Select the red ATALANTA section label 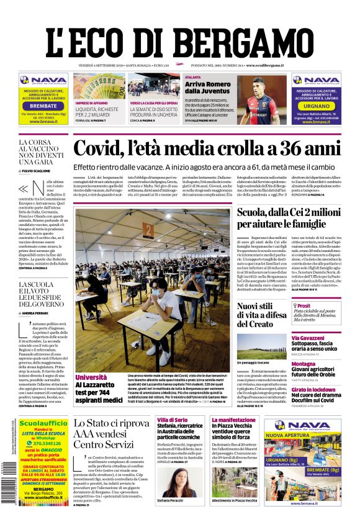tap(192, 77)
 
